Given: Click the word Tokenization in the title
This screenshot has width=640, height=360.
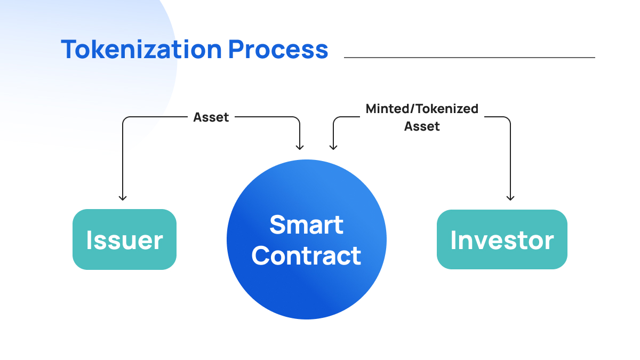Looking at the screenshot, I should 141,49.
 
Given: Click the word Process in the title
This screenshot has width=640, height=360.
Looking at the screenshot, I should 278,49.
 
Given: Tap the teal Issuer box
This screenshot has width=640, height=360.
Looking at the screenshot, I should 124,239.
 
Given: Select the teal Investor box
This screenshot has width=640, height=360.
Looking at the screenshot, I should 502,239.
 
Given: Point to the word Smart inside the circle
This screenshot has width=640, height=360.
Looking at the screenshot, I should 307,225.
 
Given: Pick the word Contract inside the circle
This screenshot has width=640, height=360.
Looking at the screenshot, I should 307,255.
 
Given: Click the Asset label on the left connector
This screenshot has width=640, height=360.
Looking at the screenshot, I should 211,117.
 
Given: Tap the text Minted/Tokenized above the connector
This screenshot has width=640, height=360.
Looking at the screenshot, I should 422,109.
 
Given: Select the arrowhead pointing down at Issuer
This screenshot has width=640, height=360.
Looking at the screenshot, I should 123,198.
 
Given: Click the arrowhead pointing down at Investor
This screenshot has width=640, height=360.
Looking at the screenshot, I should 510,198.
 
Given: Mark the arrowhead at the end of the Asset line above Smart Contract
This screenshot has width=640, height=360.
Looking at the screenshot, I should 300,147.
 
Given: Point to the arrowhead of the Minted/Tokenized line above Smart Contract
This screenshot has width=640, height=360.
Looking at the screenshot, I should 333,147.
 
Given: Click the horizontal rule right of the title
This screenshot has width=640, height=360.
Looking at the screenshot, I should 469,58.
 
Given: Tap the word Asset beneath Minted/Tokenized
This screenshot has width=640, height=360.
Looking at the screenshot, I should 422,126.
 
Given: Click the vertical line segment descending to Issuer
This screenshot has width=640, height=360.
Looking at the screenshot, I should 123,160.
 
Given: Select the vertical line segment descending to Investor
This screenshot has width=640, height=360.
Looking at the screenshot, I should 510,160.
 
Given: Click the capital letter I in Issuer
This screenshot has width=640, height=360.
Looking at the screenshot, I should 89,240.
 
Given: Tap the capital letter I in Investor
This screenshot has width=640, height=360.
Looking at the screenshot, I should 453,240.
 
